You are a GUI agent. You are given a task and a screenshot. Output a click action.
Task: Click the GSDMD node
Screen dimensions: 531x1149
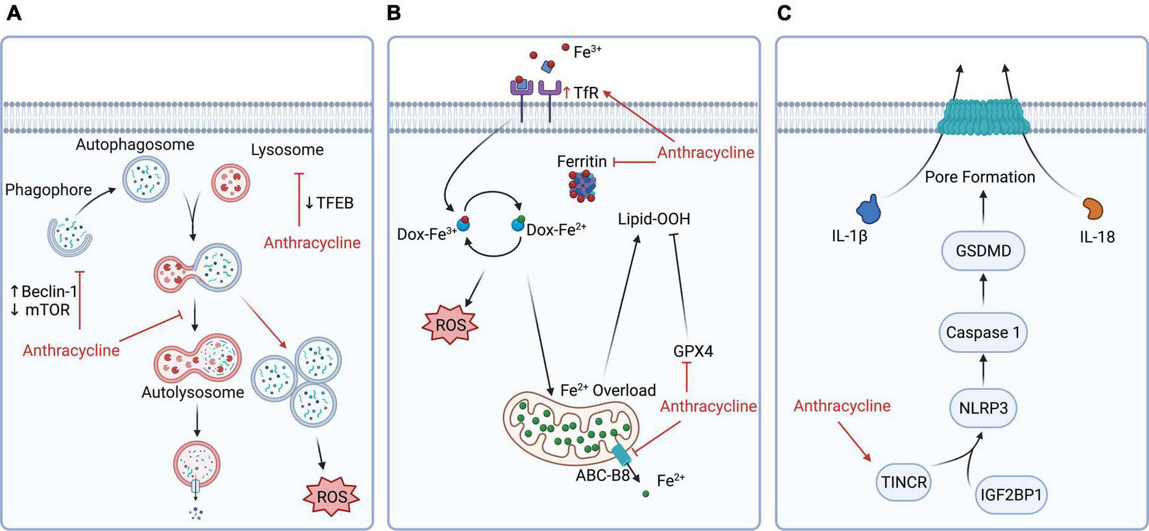(983, 251)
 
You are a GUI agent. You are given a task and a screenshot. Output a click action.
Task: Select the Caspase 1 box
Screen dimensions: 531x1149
(983, 333)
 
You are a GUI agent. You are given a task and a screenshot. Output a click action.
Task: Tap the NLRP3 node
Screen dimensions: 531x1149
(983, 408)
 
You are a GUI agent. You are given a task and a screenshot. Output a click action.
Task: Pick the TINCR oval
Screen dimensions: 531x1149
(904, 482)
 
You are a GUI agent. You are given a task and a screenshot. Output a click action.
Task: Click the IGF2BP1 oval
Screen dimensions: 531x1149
(1011, 495)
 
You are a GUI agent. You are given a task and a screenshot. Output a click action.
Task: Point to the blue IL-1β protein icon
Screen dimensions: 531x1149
(868, 210)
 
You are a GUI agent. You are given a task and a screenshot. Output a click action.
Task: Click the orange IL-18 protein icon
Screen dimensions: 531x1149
(1092, 209)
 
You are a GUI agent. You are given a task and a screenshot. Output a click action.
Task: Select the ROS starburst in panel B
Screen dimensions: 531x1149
(450, 324)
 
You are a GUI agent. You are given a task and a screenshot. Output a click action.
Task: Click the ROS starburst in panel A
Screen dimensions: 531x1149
(331, 497)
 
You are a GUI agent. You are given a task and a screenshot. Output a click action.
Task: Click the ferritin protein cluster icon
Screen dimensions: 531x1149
(582, 188)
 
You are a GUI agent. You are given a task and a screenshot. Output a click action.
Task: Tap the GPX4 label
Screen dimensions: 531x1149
(693, 351)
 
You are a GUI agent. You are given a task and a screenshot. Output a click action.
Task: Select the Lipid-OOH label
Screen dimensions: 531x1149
(654, 219)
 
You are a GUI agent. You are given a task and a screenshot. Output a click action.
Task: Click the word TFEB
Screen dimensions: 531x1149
(335, 203)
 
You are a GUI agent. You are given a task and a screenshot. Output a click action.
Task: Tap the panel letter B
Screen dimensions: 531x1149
(393, 12)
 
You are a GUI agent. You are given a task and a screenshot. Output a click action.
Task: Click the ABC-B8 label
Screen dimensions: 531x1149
(602, 475)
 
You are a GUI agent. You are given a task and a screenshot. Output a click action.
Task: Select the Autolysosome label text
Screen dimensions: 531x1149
(193, 392)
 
